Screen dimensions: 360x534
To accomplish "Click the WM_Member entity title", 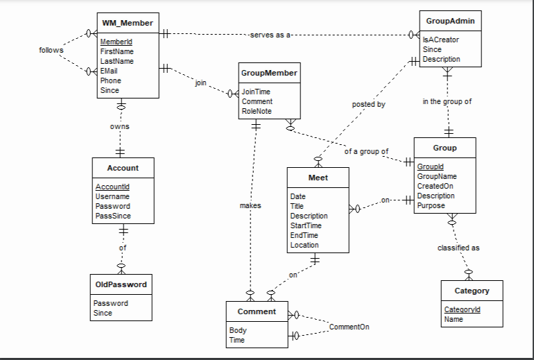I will click(x=127, y=24).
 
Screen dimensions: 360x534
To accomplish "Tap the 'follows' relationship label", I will click(x=51, y=50).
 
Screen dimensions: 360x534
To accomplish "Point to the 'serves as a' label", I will click(x=270, y=35).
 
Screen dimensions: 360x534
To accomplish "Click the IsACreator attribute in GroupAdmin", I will click(x=440, y=40).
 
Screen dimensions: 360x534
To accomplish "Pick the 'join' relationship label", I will click(x=200, y=83).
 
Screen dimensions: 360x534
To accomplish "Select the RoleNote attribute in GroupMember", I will click(x=256, y=111).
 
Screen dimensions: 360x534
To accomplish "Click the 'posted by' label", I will click(x=368, y=104).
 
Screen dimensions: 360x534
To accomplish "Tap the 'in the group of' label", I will click(x=447, y=101).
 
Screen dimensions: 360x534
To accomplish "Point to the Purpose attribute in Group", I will click(x=431, y=205).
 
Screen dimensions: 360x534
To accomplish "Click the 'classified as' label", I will click(x=458, y=247).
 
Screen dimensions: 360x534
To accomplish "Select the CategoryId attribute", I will click(x=462, y=309).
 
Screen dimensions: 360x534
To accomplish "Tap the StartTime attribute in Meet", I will click(x=305, y=225).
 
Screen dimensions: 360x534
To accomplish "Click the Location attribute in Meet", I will click(x=304, y=245).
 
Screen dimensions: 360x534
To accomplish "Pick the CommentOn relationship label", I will click(x=349, y=326).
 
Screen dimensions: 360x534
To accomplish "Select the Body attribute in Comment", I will click(x=237, y=330).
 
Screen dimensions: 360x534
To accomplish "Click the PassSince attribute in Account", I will click(x=113, y=216).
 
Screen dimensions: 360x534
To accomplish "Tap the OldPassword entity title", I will click(x=122, y=284).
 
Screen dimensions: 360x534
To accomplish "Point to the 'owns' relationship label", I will click(x=119, y=126).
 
